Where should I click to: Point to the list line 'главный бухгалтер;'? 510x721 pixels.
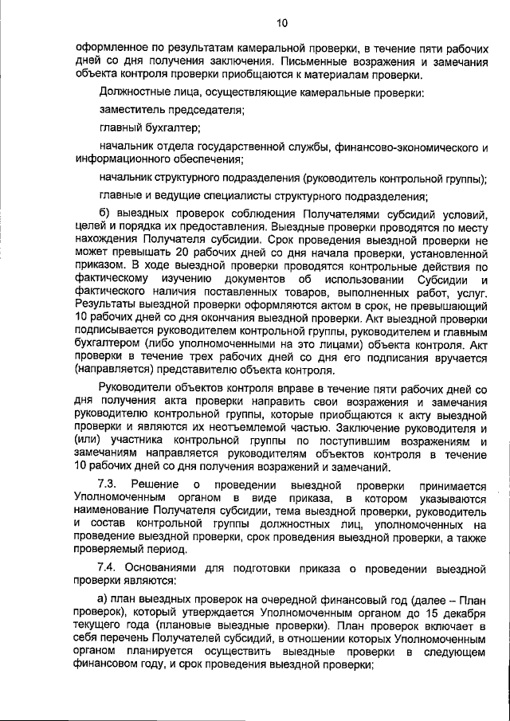pos(149,127)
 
